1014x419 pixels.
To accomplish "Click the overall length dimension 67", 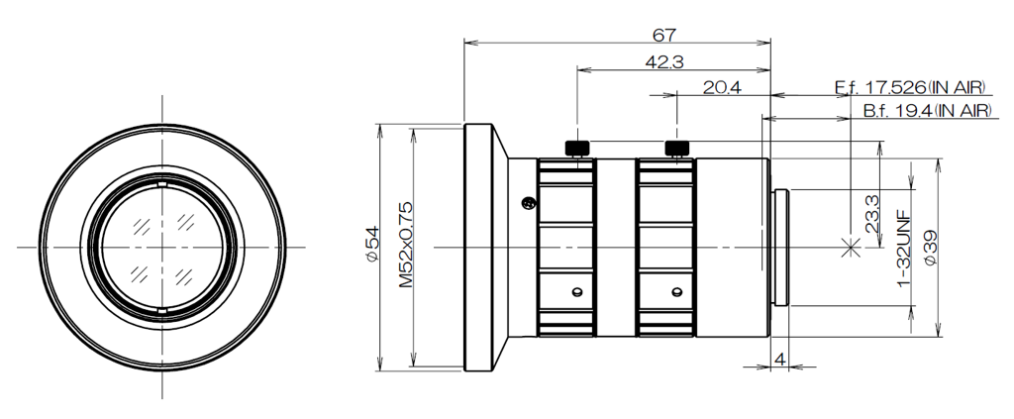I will [663, 35].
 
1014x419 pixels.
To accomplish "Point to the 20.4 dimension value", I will [722, 88].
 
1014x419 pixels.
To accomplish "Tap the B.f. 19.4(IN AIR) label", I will [926, 111].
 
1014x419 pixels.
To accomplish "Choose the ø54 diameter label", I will [372, 245].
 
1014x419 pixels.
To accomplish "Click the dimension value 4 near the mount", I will [780, 359].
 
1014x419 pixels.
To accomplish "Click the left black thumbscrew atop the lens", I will [577, 149].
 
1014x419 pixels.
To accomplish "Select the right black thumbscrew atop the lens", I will [676, 149].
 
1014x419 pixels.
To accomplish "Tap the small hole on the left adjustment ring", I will [575, 292].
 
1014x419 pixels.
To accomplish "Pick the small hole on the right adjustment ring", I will [674, 292].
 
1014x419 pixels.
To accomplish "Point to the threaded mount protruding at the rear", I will [779, 247].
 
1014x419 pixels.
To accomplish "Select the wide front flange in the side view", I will [479, 247].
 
